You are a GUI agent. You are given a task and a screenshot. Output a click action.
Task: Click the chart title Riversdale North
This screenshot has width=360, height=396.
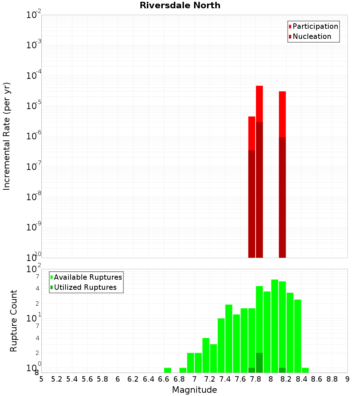(x=180, y=5)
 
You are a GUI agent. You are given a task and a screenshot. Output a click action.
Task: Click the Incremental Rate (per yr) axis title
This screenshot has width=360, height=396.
(x=7, y=136)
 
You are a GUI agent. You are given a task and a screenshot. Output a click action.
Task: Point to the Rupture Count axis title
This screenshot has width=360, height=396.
(x=14, y=320)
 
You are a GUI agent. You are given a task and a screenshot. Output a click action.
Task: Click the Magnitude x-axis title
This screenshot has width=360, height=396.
(x=194, y=390)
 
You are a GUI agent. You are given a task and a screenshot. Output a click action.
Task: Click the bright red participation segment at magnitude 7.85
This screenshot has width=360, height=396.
(x=259, y=104)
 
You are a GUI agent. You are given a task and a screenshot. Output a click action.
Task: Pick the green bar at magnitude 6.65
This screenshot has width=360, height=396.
(x=167, y=370)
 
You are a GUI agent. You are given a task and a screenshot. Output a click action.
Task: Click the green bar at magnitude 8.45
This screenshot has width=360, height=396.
(x=305, y=370)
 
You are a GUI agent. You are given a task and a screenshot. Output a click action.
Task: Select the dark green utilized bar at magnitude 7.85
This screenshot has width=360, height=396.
(x=259, y=363)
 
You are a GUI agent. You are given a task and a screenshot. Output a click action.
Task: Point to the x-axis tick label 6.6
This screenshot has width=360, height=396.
(x=164, y=379)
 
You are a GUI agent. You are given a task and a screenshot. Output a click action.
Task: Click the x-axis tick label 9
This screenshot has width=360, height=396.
(x=347, y=379)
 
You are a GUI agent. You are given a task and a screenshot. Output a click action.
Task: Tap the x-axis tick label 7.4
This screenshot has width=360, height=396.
(x=225, y=379)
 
